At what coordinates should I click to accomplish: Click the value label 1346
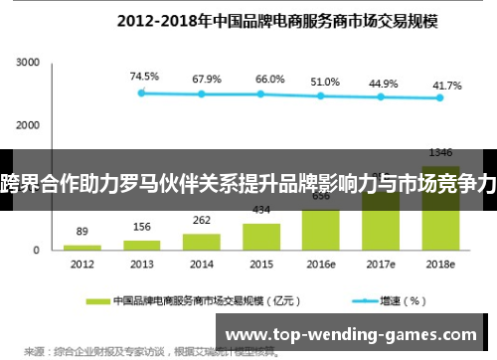[439, 152]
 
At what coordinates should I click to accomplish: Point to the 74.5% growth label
[145, 77]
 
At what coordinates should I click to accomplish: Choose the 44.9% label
[383, 83]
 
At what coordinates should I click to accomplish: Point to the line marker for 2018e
[438, 97]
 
